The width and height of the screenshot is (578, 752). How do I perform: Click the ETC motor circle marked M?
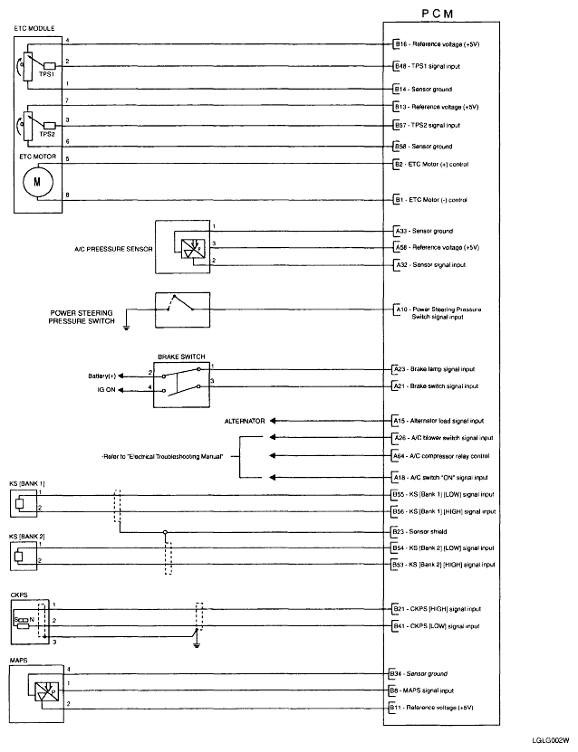pos(37,181)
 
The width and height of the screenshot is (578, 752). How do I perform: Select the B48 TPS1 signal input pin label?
pos(435,66)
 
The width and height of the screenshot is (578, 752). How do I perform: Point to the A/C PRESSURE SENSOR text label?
pos(111,247)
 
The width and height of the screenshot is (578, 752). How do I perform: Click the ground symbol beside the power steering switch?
pos(128,328)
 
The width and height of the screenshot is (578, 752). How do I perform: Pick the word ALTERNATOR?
pos(245,421)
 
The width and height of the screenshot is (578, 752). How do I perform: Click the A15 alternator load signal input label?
pos(438,421)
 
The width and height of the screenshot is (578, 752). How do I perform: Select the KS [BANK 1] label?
pos(27,485)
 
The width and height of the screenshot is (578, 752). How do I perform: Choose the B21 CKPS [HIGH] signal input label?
pos(436,609)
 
